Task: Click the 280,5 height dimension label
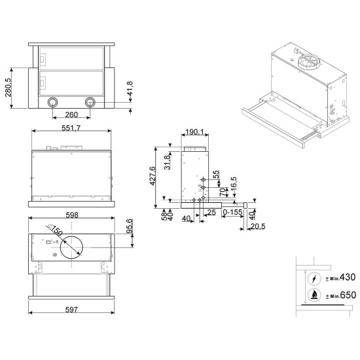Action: tap(8, 88)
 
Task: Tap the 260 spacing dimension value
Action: tap(71, 115)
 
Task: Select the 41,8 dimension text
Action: tap(130, 88)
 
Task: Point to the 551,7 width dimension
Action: tap(71, 128)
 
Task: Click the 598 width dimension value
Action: tap(72, 215)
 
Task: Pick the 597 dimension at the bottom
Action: tap(71, 310)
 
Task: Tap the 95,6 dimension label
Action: tap(130, 226)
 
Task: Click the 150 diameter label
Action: tap(56, 231)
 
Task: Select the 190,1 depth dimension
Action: tap(194, 132)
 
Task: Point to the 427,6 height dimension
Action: tap(153, 176)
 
